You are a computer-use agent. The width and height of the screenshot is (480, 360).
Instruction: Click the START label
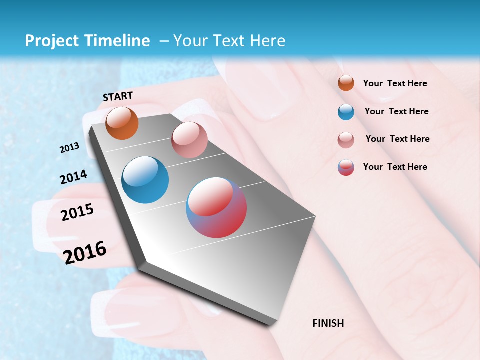pos(118,96)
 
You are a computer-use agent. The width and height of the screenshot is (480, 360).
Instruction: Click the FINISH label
pos(328,323)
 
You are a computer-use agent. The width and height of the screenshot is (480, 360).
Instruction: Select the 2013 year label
pos(69,148)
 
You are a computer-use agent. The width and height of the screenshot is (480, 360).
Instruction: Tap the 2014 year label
pos(73,177)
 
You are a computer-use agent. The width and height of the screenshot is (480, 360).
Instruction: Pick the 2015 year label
pos(77,212)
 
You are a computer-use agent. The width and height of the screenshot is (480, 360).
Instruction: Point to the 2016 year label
pos(85,252)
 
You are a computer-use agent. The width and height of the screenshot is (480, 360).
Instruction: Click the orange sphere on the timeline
pos(122,123)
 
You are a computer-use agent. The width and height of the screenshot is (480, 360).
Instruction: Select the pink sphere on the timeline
pos(189,140)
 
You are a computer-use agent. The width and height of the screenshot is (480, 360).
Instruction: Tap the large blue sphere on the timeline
pos(145,180)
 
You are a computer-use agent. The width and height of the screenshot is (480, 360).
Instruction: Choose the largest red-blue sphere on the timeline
pos(216,207)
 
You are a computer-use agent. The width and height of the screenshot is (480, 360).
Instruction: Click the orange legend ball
pos(346,83)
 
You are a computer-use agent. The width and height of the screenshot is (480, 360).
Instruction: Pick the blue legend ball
pos(346,112)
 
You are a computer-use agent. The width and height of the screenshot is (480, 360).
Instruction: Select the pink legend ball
pos(346,140)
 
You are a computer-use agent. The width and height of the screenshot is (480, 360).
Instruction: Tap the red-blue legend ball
pos(346,167)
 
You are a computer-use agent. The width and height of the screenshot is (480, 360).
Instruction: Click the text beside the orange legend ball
pos(395,83)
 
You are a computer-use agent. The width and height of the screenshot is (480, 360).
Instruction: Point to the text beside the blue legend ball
pos(396,111)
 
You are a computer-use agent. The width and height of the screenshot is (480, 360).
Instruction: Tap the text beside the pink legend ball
pos(397,139)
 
